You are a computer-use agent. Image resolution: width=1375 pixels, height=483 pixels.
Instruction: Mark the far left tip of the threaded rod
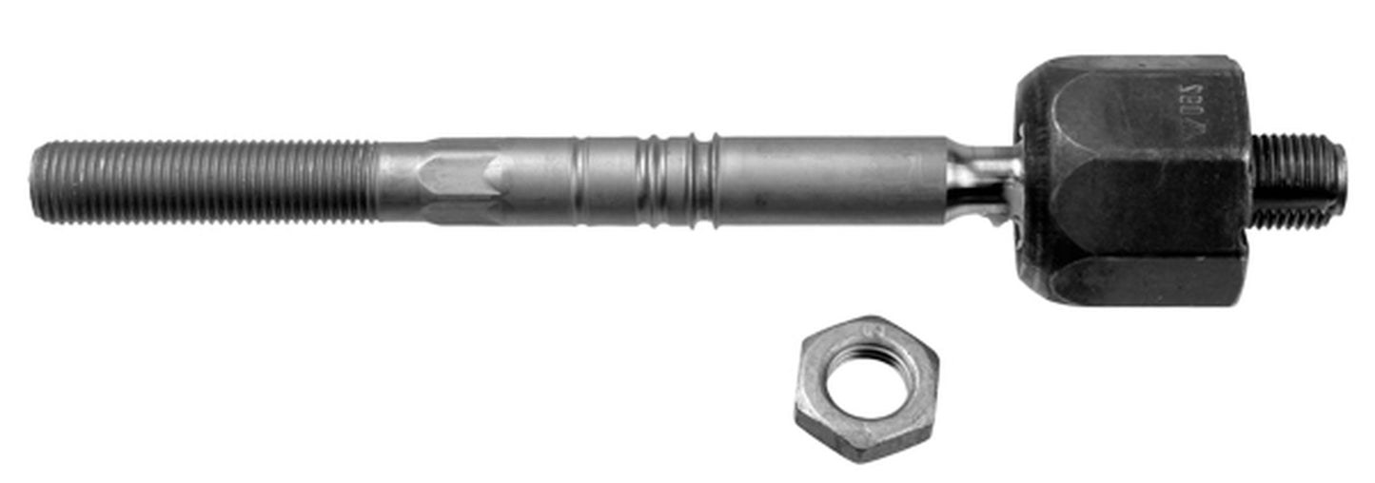tap(35, 181)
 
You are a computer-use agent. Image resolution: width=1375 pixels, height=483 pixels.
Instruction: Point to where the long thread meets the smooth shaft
tap(377, 181)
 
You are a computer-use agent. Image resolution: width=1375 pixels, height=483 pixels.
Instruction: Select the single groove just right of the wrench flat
tap(579, 180)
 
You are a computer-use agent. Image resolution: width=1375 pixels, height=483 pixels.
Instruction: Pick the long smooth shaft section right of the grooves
tap(828, 181)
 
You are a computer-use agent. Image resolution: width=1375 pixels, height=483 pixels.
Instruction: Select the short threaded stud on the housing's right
tap(1294, 181)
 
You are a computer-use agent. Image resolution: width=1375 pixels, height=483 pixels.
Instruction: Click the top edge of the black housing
tap(1132, 60)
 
